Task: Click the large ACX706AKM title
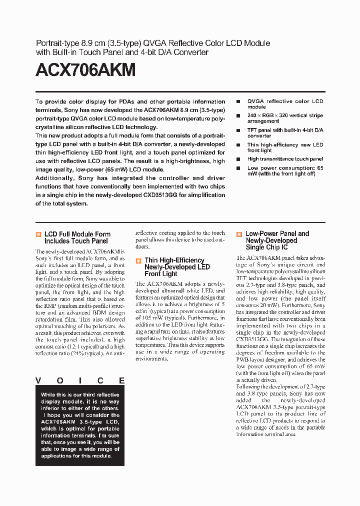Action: coord(85,70)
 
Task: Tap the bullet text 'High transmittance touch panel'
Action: coord(285,159)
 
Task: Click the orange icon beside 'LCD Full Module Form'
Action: coord(38,234)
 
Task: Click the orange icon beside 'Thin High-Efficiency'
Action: coord(138,260)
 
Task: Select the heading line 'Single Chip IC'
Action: coord(266,247)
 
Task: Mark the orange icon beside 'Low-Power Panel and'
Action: coord(239,234)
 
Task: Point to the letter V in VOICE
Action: coord(38,380)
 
